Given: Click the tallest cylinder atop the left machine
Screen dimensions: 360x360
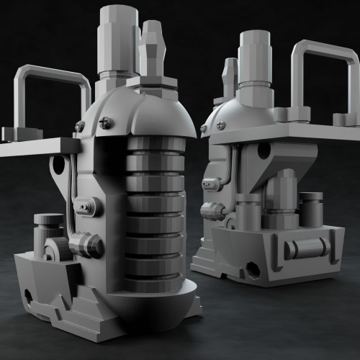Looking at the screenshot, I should pyautogui.click(x=119, y=36).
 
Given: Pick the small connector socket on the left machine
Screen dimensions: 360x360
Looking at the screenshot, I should pyautogui.click(x=89, y=207).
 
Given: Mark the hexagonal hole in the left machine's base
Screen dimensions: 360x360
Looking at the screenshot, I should pyautogui.click(x=29, y=297).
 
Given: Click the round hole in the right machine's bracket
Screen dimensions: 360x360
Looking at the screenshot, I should pyautogui.click(x=264, y=150).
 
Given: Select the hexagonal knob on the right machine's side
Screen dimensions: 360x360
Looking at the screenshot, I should pyautogui.click(x=213, y=210).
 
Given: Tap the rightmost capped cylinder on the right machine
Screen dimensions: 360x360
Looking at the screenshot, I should pyautogui.click(x=311, y=209).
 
